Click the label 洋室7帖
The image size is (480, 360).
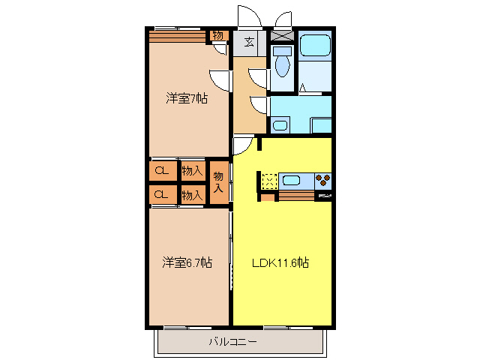pos(187,98)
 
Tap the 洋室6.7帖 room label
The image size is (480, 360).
pos(187,262)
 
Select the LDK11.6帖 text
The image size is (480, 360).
pos(281,262)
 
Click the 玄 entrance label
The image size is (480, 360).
pos(247,42)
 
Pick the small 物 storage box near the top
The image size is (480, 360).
pos(217,34)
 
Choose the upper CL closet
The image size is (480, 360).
pos(161,171)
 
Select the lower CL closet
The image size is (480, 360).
pos(161,195)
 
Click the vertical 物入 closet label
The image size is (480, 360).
pos(218,182)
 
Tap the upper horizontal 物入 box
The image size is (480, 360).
pos(193,171)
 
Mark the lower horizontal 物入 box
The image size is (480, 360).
pos(193,195)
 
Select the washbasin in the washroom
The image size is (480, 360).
pos(280,125)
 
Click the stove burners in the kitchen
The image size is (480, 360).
pos(324,180)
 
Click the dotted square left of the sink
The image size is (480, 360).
pos(269,180)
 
